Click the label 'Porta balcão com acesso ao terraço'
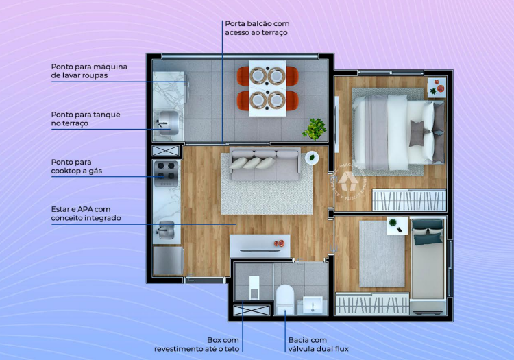(257, 28)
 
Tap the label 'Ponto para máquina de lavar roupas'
(89, 71)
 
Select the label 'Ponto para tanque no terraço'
(86, 119)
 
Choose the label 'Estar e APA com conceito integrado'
(86, 213)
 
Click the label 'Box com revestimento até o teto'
(206, 344)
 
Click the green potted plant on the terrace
(315, 128)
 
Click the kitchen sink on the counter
(167, 229)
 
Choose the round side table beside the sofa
(312, 157)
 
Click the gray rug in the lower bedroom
(382, 253)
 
